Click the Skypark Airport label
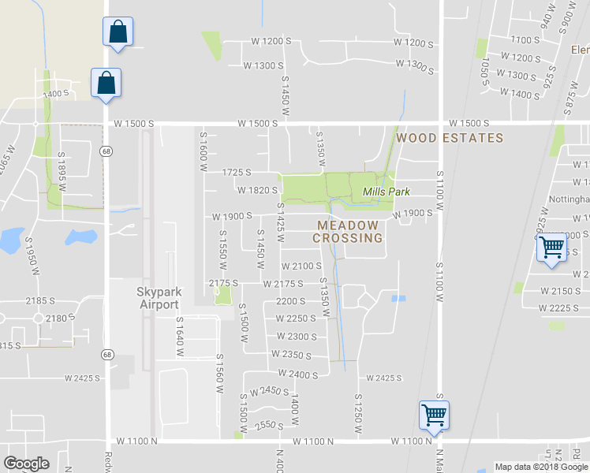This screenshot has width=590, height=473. (x=160, y=297)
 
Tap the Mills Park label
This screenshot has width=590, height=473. (x=386, y=192)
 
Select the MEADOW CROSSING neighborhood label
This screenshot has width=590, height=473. (x=348, y=232)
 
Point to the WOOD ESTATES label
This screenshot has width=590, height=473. (x=450, y=138)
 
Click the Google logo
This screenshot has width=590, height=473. (x=27, y=464)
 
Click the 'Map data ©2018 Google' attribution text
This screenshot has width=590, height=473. (x=541, y=467)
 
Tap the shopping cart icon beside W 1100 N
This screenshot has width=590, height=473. (x=434, y=414)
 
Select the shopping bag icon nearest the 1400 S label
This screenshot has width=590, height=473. (x=105, y=84)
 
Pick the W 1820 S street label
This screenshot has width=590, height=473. (x=257, y=190)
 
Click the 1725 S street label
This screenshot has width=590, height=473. (x=237, y=172)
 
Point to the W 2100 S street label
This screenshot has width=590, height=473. (x=301, y=266)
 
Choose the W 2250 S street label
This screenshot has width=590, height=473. (x=295, y=318)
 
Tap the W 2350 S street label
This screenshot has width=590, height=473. (x=291, y=356)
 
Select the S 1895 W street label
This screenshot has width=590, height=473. (x=61, y=171)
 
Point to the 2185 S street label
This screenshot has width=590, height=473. (x=40, y=300)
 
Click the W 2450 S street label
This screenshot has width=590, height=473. (x=269, y=391)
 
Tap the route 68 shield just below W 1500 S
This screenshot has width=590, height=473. (x=105, y=150)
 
